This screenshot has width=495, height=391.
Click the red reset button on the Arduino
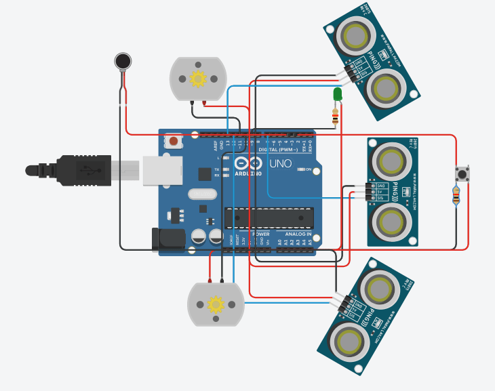pyautogui.click(x=174, y=141)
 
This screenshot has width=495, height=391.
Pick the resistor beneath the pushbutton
pyautogui.click(x=456, y=197)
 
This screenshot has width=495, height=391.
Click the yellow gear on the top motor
pyautogui.click(x=197, y=79)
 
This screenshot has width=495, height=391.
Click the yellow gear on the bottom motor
pyautogui.click(x=216, y=304)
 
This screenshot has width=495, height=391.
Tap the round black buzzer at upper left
pyautogui.click(x=123, y=62)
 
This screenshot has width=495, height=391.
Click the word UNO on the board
pyautogui.click(x=280, y=163)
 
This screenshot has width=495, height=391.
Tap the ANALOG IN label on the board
pyautogui.click(x=298, y=234)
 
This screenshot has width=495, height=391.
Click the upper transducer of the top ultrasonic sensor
pyautogui.click(x=356, y=35)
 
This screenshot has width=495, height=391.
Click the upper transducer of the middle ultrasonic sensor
pyautogui.click(x=392, y=161)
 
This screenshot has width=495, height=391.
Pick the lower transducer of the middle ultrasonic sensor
pyautogui.click(x=392, y=220)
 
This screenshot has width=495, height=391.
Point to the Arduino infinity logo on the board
pyautogui.click(x=247, y=163)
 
